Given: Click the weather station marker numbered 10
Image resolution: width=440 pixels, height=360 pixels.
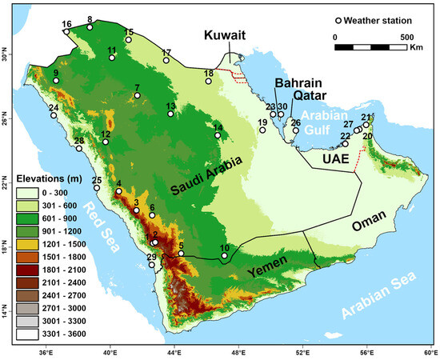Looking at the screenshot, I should click(225, 257).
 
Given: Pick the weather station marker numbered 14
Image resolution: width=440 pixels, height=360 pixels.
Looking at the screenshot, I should click(218, 135).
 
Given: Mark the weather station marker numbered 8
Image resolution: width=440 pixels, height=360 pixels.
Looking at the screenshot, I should click(90, 27).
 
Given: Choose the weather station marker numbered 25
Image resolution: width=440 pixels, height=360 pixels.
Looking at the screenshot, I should click(97, 188).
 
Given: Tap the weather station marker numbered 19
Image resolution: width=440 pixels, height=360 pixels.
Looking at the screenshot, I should click(262, 130).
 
